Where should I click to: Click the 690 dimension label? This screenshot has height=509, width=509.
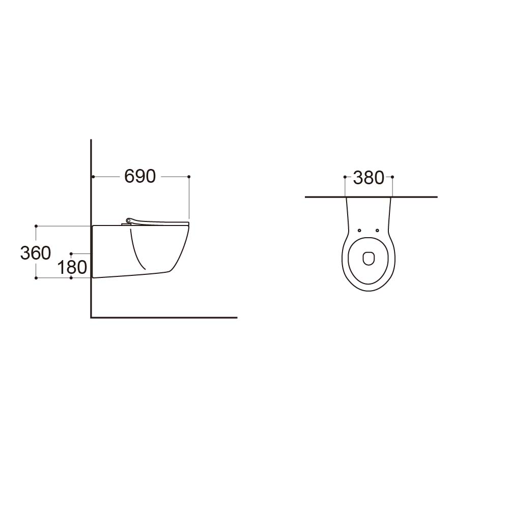tap(140, 177)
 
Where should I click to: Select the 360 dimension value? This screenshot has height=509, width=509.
tap(36, 253)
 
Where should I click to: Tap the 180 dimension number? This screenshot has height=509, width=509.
tap(72, 268)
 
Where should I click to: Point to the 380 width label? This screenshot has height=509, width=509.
tap(369, 178)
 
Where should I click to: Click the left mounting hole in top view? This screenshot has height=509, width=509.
tap(359, 231)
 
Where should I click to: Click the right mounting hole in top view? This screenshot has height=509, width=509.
tap(377, 231)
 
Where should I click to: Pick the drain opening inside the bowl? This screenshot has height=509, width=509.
tap(369, 259)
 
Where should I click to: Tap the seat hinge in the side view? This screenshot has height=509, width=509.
tap(129, 221)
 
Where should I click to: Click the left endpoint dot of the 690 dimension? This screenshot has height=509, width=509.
tap(93, 177)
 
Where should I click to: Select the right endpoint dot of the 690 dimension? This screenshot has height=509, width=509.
tap(189, 177)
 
